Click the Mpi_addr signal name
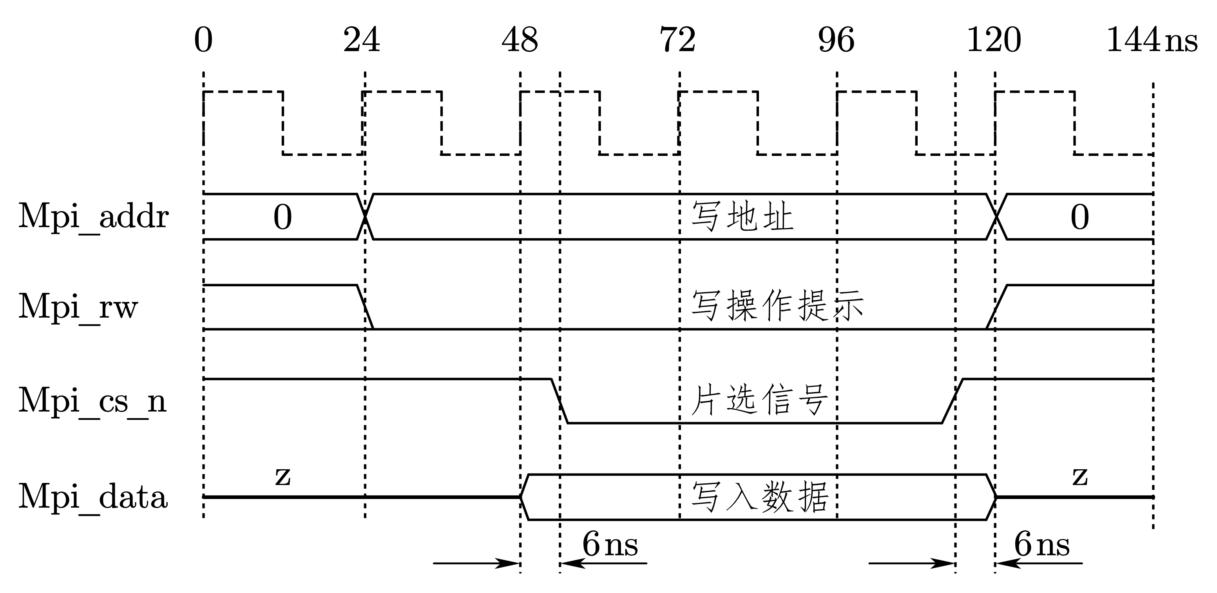click(94, 217)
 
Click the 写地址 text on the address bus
click(742, 217)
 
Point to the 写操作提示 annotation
click(777, 306)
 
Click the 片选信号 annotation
click(759, 400)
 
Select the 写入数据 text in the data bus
click(760, 497)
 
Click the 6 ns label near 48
click(610, 544)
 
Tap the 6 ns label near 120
click(1042, 544)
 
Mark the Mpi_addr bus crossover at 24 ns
click(365, 217)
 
